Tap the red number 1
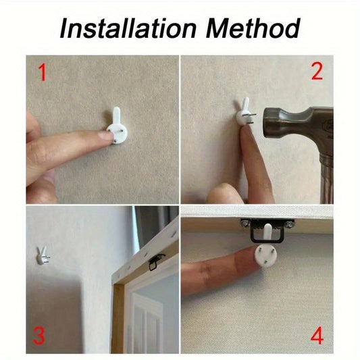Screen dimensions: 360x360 42,72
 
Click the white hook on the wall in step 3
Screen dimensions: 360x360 42,255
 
